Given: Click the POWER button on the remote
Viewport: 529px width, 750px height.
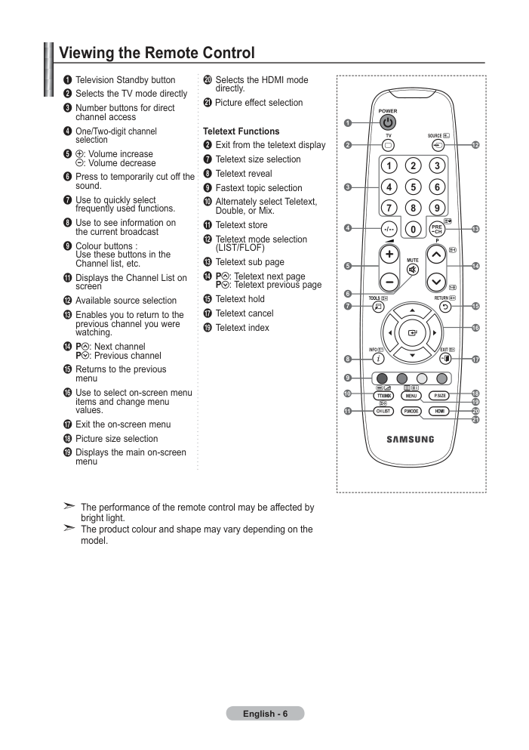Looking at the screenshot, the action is pos(388,123).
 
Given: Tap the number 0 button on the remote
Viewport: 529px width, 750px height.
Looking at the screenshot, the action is pos(413,230).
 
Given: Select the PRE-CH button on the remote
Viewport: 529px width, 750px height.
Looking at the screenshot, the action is pos(437,229).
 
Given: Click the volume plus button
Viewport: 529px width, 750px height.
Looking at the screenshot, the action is pos(389,254).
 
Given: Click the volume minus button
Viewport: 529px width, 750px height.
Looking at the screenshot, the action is pos(389,282).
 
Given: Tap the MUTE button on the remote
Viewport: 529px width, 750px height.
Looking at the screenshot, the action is pos(412,270).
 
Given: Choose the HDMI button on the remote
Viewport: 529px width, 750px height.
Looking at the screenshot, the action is pos(439,411).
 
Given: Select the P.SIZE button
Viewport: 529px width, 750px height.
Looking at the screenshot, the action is pos(439,396).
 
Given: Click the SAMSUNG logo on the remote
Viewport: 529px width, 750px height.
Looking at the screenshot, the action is pos(411,439).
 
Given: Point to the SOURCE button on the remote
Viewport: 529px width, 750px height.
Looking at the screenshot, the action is pos(438,145).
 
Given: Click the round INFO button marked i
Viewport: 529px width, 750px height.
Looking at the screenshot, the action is pos(378,358).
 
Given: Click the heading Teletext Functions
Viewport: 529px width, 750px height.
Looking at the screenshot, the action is pos(241,131).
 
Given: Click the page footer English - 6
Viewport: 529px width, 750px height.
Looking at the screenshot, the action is pos(265,714).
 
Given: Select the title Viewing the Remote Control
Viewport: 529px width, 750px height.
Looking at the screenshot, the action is pos(157,53).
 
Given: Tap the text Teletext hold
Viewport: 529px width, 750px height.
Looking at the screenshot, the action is pos(240,299).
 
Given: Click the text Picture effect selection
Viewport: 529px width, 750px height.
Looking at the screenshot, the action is pos(259,103).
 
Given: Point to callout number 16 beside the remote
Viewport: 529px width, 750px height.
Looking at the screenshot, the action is pos(475,328).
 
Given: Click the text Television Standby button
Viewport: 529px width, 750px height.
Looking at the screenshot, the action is pos(125,80).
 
